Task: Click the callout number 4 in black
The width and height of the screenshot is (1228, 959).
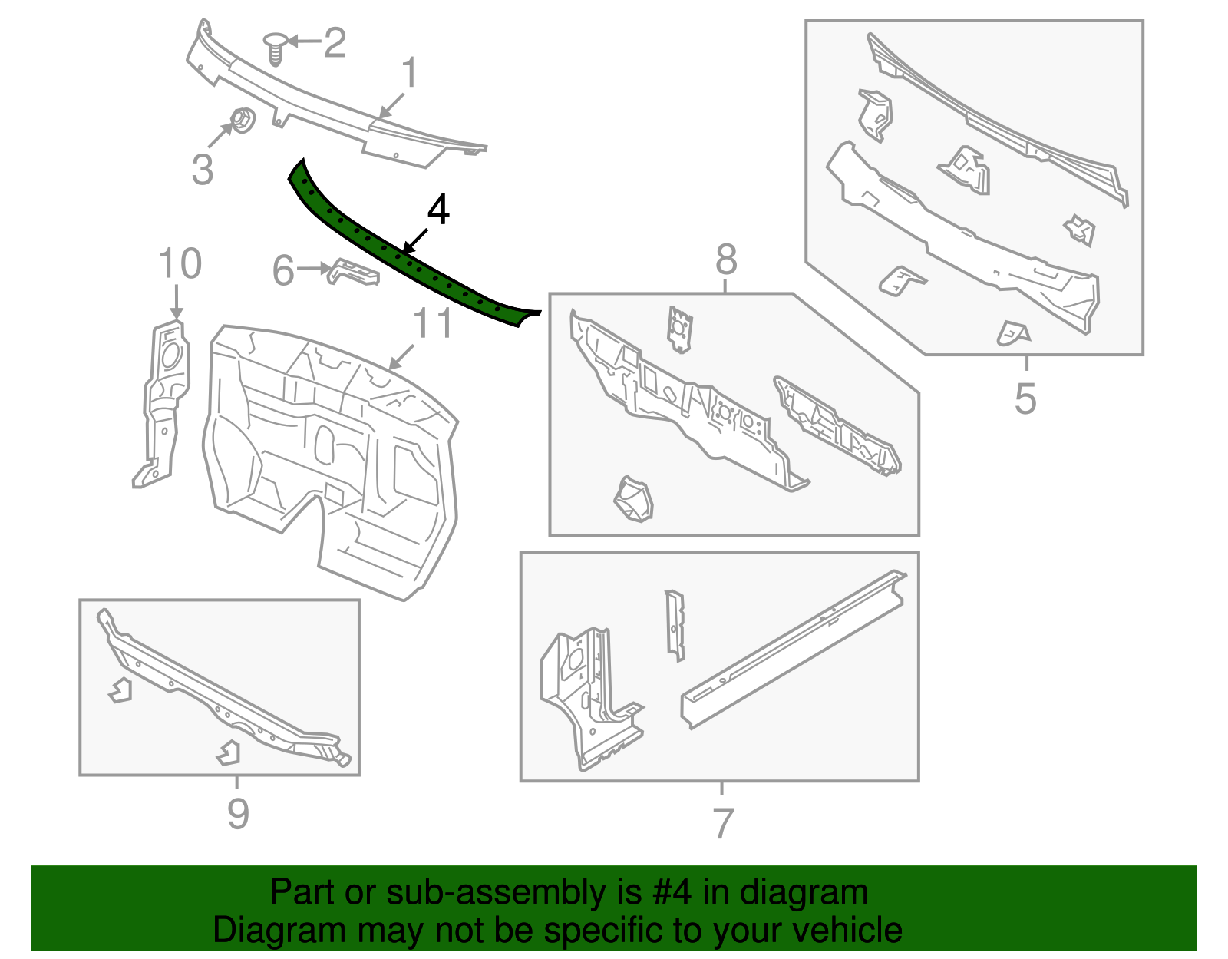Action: [437, 210]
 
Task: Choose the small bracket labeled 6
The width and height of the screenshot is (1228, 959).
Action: [354, 273]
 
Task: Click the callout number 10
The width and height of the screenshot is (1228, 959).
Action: [180, 264]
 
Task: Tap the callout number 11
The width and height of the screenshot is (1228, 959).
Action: [433, 323]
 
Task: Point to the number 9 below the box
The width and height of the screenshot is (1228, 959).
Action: [238, 813]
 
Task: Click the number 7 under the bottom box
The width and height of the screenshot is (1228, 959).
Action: [723, 824]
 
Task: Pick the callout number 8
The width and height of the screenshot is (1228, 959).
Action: [726, 260]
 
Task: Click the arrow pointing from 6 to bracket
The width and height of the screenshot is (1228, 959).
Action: [313, 269]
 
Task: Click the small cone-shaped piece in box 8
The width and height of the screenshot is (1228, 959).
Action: [634, 499]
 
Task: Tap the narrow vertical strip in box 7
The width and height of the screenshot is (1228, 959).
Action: [675, 625]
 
